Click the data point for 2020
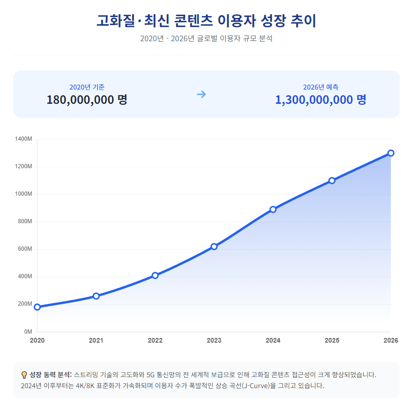(x=37, y=307)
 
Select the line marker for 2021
(x=96, y=296)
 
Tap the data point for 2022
(x=155, y=275)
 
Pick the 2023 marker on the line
(x=214, y=246)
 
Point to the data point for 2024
(x=273, y=209)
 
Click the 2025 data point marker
(x=332, y=181)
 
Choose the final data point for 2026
(x=391, y=153)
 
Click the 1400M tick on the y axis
(x=23, y=139)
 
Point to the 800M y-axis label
(x=24, y=222)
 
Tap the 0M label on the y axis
(x=27, y=332)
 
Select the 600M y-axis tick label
(x=24, y=249)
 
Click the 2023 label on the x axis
(x=214, y=340)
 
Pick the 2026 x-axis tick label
(x=390, y=340)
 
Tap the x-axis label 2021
(x=96, y=340)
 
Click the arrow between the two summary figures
(x=201, y=94)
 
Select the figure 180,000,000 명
(x=87, y=100)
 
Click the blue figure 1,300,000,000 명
(x=321, y=100)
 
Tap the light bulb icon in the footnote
(x=24, y=375)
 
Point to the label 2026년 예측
(x=321, y=87)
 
